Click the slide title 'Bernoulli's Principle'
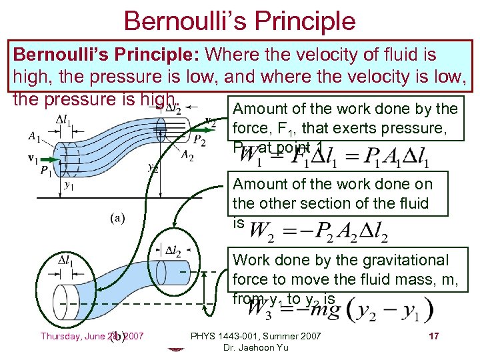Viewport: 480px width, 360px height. click(x=239, y=21)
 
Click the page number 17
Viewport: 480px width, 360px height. click(x=433, y=336)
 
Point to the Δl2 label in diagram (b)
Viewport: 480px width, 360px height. click(x=173, y=251)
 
